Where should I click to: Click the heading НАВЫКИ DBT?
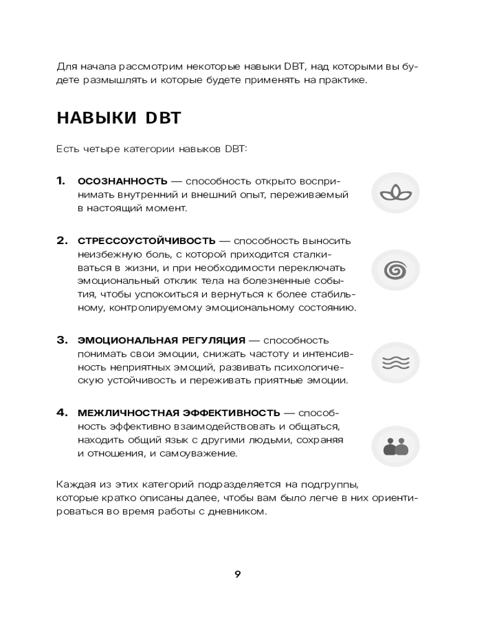[119, 118]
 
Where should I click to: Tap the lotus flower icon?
[396, 193]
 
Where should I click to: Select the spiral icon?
[396, 270]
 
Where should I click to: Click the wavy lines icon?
[396, 363]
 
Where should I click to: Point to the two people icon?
[396, 446]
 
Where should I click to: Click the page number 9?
[238, 574]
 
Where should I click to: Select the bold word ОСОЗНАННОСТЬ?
[122, 181]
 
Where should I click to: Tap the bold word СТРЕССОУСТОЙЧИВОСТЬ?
[147, 241]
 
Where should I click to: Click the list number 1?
[60, 181]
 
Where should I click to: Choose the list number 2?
[62, 241]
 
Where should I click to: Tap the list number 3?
[62, 340]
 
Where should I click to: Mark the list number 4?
[62, 412]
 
